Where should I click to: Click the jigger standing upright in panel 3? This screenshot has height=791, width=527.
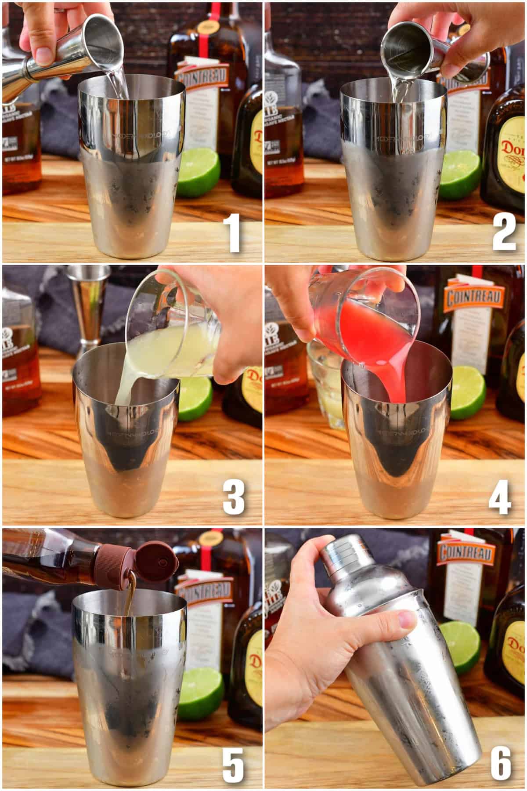pyautogui.click(x=91, y=308)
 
